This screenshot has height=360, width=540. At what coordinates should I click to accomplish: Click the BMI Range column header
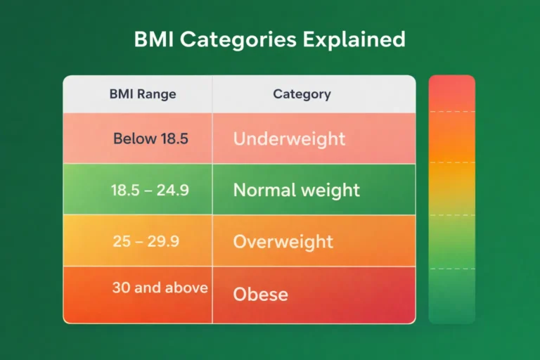pyautogui.click(x=143, y=94)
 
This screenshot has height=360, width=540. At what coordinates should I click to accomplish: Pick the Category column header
pyautogui.click(x=302, y=94)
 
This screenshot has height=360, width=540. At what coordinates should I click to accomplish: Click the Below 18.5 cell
pyautogui.click(x=150, y=139)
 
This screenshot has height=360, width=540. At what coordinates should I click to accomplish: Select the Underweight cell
pyautogui.click(x=289, y=139)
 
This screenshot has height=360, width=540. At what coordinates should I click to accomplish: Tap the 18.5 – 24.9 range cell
pyautogui.click(x=150, y=190)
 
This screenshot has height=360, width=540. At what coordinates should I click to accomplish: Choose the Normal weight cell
pyautogui.click(x=296, y=190)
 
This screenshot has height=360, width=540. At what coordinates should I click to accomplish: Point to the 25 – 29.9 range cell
pyautogui.click(x=146, y=241)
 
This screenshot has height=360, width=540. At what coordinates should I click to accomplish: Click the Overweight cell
pyautogui.click(x=283, y=241)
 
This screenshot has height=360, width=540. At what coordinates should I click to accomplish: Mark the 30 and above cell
pyautogui.click(x=160, y=288)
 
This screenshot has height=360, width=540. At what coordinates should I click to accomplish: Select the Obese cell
pyautogui.click(x=260, y=293)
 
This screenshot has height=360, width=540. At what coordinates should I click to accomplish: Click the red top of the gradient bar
pyautogui.click(x=451, y=91)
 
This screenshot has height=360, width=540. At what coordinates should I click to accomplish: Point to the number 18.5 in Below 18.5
pyautogui.click(x=174, y=139)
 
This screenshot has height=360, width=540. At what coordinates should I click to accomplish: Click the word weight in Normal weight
pyautogui.click(x=326, y=191)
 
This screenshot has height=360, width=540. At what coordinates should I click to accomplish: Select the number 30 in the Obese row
pyautogui.click(x=121, y=288)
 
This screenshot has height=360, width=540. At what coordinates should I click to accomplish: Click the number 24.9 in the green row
pyautogui.click(x=174, y=190)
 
